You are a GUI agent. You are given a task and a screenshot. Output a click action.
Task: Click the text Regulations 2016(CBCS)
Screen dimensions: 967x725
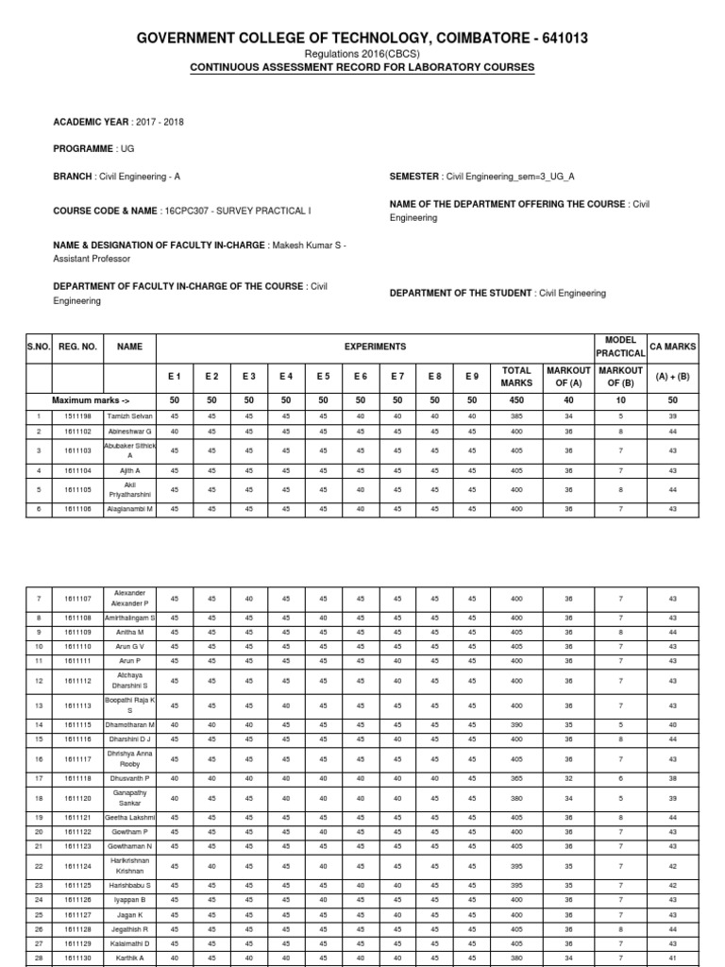click(x=362, y=55)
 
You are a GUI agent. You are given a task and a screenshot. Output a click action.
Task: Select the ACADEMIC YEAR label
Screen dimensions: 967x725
click(x=93, y=122)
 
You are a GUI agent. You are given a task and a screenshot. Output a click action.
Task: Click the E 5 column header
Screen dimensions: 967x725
click(x=323, y=377)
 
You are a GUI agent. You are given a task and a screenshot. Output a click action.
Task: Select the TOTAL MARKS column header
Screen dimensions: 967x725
click(x=516, y=377)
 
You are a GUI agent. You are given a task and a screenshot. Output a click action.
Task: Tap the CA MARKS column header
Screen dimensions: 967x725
click(x=673, y=347)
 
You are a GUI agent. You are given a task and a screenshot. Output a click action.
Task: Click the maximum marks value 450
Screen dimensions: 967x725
click(x=516, y=400)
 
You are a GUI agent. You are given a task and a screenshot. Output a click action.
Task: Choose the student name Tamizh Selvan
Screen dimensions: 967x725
click(x=129, y=416)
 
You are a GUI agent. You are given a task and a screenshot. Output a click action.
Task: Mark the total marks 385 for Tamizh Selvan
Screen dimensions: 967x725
click(x=516, y=416)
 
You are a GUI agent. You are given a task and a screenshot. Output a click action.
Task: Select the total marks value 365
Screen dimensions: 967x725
click(x=516, y=778)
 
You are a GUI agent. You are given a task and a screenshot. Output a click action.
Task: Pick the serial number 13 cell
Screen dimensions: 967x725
click(x=39, y=705)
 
